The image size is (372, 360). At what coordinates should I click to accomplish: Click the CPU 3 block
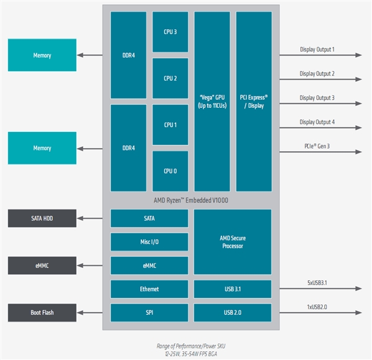pos(170,32)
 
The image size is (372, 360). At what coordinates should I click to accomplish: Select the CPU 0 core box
pos(170,171)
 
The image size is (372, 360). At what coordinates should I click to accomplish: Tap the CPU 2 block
pos(170,78)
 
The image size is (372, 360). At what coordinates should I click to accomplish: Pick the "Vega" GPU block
pos(212,102)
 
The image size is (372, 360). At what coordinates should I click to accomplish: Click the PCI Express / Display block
pos(254,102)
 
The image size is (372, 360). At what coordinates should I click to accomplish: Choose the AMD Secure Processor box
pos(232,242)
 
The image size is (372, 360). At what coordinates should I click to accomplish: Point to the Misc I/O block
pos(149,242)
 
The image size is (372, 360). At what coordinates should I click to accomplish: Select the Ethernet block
pos(149,289)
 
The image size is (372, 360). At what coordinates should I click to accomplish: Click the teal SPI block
pos(149,312)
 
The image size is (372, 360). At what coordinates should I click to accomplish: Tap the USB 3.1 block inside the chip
pos(232,289)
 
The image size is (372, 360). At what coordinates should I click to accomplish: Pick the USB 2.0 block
pos(232,312)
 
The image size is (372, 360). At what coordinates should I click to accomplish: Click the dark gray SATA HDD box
pos(42,218)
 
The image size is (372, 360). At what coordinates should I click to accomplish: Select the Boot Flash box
pos(42,312)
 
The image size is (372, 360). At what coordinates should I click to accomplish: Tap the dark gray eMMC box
pos(42,265)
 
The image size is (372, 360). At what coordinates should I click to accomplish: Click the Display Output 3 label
pos(317,98)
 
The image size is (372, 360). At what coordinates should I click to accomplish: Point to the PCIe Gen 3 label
pos(317,146)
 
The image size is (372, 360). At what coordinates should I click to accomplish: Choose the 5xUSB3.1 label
pos(316,283)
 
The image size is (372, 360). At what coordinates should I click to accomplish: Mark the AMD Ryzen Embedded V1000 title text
pos(190,200)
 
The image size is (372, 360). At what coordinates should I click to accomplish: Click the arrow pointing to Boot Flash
pos(90,312)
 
